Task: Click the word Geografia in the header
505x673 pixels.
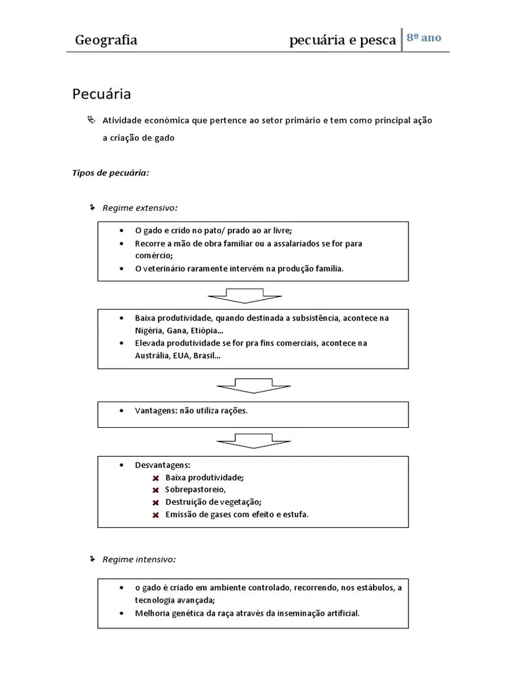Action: pyautogui.click(x=106, y=40)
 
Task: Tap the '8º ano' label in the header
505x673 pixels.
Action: pyautogui.click(x=423, y=37)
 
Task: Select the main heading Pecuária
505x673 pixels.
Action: pyautogui.click(x=101, y=94)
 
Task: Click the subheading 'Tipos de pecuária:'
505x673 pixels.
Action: pyautogui.click(x=110, y=173)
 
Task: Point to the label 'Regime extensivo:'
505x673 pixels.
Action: pyautogui.click(x=139, y=208)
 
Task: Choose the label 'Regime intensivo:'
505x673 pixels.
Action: pyautogui.click(x=139, y=559)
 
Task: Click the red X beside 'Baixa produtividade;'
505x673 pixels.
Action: pyautogui.click(x=156, y=478)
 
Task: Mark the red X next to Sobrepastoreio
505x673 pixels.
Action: pyautogui.click(x=156, y=490)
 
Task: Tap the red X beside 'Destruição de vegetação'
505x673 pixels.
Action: pyautogui.click(x=156, y=503)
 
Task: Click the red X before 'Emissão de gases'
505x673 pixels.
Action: pyautogui.click(x=156, y=515)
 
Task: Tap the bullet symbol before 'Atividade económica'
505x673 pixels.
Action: pyautogui.click(x=91, y=120)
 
